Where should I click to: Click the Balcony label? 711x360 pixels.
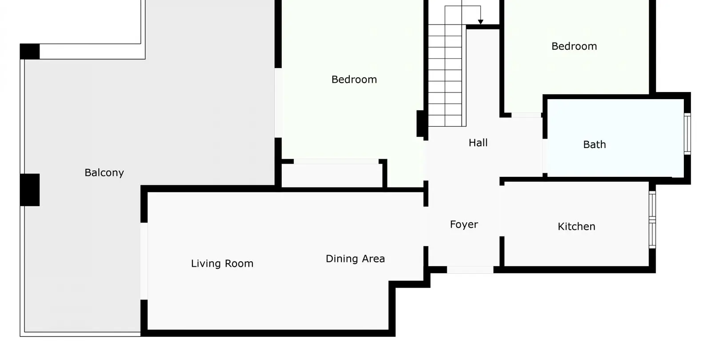104,173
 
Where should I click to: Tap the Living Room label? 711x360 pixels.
222,264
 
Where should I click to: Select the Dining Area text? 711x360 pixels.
355,259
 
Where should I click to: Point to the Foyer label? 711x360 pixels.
464,225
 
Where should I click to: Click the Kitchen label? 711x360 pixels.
576,227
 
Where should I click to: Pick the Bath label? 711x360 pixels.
595,145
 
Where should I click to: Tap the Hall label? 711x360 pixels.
478,143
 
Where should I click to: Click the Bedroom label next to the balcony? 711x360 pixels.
354,80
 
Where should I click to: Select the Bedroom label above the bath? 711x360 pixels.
574,46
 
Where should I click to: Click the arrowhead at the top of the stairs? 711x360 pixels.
480,22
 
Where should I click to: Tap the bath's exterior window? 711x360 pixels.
687,134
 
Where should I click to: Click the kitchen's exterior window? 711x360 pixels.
652,220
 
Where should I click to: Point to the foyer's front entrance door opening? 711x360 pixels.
470,270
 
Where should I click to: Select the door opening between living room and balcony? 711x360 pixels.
144,261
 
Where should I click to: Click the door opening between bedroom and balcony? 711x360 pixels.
278,103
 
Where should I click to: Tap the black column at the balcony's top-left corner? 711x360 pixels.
30,52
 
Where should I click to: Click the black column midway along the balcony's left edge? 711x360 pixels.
30,190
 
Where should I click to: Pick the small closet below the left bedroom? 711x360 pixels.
332,176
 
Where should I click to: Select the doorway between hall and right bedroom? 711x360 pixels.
526,115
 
